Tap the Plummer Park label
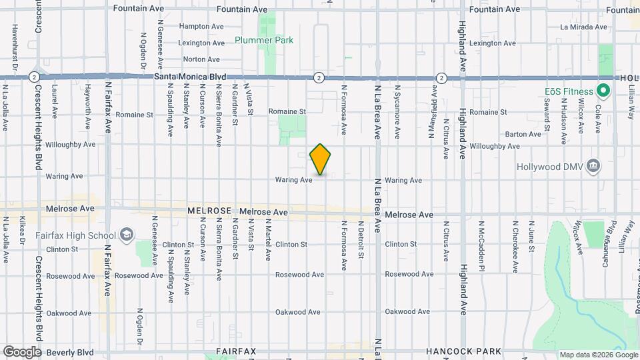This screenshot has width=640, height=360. pyautogui.click(x=264, y=40)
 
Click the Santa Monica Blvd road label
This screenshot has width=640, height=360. pyautogui.click(x=190, y=77)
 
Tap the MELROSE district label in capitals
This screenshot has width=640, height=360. pyautogui.click(x=209, y=211)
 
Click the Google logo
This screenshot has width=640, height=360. pyautogui.click(x=21, y=351)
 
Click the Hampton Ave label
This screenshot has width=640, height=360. pyautogui.click(x=201, y=26)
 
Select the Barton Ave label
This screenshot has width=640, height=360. pyautogui.click(x=523, y=134)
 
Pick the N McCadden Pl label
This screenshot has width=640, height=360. pyautogui.click(x=481, y=245)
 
